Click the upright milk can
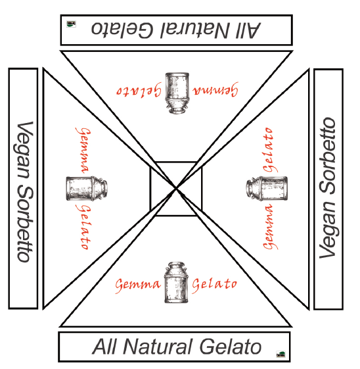176,282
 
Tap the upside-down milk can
177,93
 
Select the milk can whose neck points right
87,188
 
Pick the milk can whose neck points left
267,188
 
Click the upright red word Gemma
138,285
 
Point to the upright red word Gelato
215,285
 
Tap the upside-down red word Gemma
215,89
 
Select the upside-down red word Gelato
139,89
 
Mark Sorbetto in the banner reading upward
328,156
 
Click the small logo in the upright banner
281,354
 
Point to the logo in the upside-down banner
71,24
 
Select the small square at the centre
176,189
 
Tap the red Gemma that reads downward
83,150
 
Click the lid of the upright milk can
176,265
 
